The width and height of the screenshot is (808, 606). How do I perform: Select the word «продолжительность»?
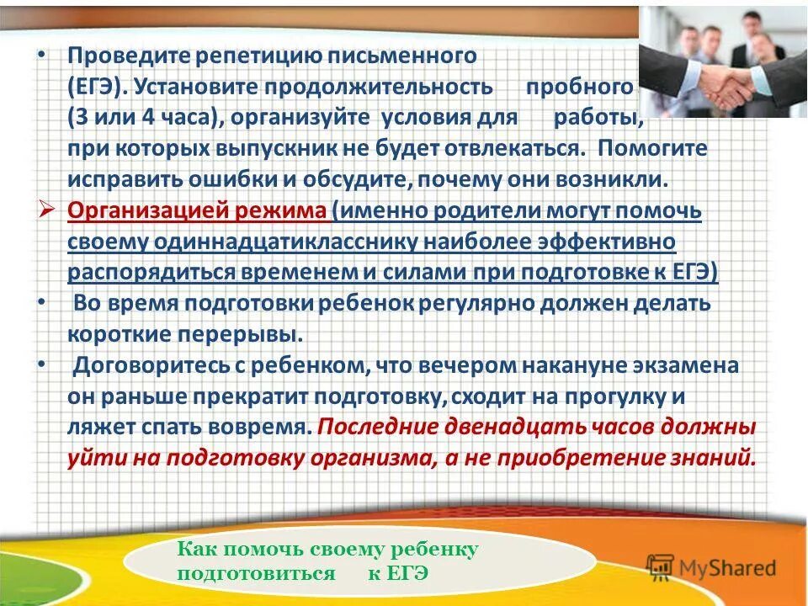tap(379, 87)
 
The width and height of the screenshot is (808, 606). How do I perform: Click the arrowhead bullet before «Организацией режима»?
tap(48, 210)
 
